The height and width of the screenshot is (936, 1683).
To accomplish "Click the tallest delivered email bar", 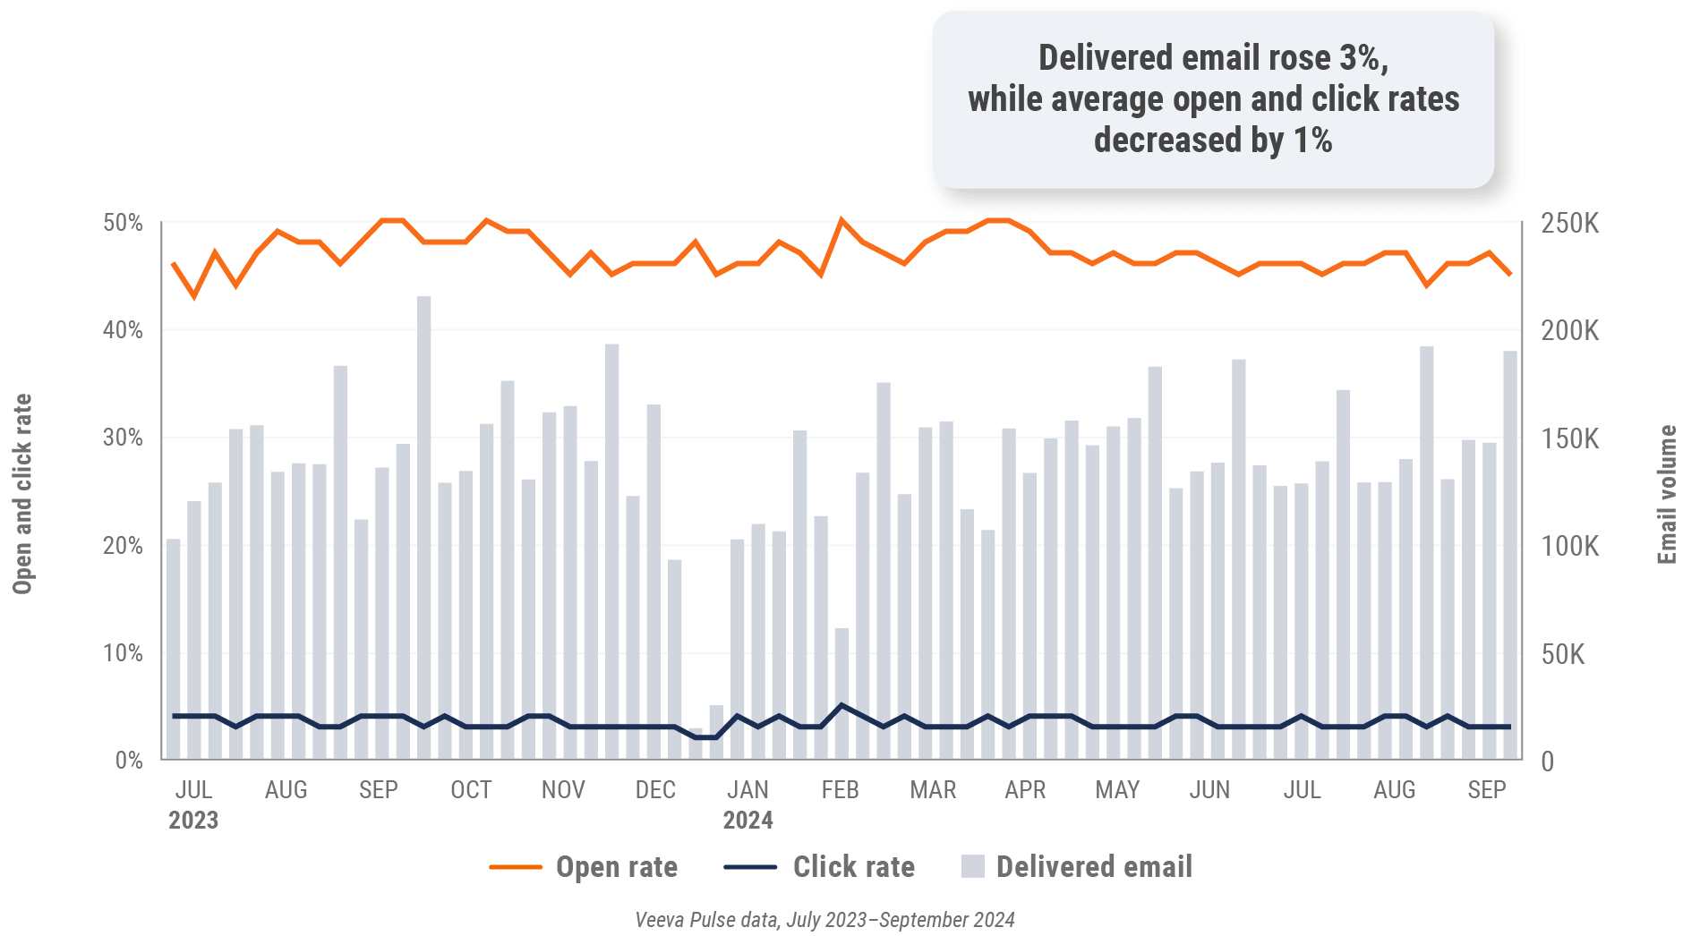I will pyautogui.click(x=423, y=528).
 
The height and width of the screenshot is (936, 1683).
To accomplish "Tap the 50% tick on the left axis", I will pyautogui.click(x=124, y=223).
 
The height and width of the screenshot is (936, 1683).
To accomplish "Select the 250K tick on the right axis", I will pyautogui.click(x=1569, y=224).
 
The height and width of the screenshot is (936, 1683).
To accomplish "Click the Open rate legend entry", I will pyautogui.click(x=616, y=867).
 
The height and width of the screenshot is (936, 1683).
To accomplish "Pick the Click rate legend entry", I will pyautogui.click(x=853, y=867).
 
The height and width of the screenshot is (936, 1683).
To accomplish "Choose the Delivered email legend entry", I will pyautogui.click(x=1093, y=867).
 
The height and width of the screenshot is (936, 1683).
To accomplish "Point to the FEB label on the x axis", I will pyautogui.click(x=840, y=790).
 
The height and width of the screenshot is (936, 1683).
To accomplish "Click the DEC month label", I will pyautogui.click(x=655, y=790).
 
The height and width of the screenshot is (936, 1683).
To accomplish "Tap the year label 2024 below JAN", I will pyautogui.click(x=748, y=821).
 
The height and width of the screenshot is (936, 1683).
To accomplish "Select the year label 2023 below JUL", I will pyautogui.click(x=193, y=821).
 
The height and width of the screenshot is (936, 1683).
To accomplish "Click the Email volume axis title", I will pyautogui.click(x=1667, y=494).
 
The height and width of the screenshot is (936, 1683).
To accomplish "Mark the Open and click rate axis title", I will pyautogui.click(x=22, y=494).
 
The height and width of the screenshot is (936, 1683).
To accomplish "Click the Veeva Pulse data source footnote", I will pyautogui.click(x=824, y=920).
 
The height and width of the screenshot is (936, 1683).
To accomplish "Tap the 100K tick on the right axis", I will pyautogui.click(x=1569, y=546).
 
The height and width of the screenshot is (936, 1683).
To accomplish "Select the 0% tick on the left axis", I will pyautogui.click(x=129, y=761).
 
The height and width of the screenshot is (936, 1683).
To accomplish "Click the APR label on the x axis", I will pyautogui.click(x=1025, y=790).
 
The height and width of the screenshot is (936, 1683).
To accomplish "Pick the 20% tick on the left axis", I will pyautogui.click(x=124, y=546).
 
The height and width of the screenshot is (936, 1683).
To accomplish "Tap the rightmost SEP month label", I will pyautogui.click(x=1486, y=790).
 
